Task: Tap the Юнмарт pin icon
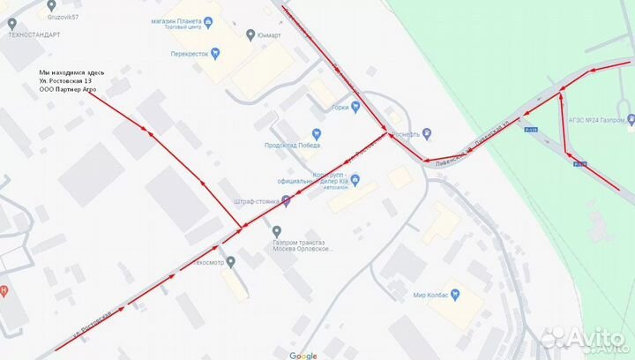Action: tap(250, 35)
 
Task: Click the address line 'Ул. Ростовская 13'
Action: tap(71, 80)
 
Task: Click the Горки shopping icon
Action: tap(355, 108)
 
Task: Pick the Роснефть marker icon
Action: tap(426, 133)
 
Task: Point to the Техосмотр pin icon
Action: tap(231, 262)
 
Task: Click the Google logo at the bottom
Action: tap(303, 356)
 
